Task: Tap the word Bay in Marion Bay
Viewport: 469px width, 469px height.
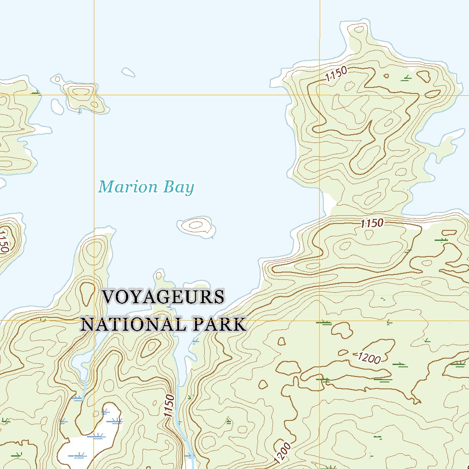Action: [180, 188]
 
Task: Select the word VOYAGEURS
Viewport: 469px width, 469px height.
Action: [164, 297]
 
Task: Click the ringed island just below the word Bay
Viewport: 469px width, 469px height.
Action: [196, 225]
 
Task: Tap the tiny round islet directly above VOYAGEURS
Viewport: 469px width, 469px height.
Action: [158, 275]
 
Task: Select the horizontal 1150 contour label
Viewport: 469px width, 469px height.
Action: [371, 224]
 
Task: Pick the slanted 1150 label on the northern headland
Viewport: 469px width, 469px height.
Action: [337, 74]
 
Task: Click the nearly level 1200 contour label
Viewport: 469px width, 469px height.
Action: [369, 358]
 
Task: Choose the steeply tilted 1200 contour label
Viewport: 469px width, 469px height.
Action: [283, 452]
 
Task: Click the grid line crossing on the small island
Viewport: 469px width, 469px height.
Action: [94, 95]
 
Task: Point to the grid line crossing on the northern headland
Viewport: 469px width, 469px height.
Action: [319, 95]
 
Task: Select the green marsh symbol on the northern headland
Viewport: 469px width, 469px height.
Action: [405, 79]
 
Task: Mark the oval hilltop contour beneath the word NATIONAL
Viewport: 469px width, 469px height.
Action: [150, 348]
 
